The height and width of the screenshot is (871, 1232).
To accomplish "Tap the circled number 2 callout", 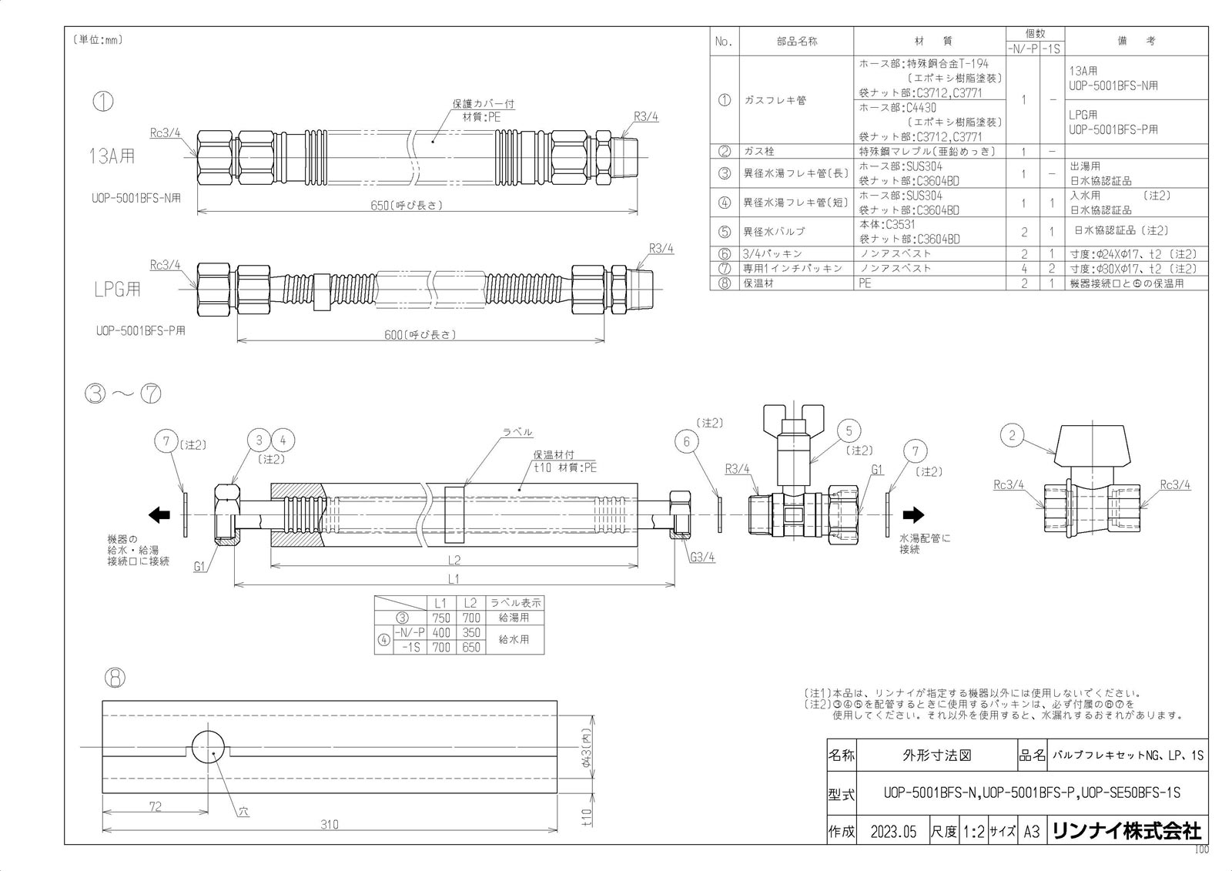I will point(1012,436).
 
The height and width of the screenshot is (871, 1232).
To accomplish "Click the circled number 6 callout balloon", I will point(686,441).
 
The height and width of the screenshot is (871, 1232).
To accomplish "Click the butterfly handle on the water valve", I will point(793,420).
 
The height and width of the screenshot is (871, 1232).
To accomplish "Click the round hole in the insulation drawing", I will point(209,746).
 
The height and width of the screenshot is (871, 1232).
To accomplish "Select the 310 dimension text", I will point(330,825).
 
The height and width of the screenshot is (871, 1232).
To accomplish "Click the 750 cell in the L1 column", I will point(441,618).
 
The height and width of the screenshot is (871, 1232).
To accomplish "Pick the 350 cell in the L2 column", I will point(470,632).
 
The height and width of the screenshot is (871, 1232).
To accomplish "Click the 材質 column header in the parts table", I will point(928,41).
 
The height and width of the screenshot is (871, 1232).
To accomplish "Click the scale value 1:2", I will point(973,832).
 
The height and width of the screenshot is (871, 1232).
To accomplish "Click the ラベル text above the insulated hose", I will point(517,433).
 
